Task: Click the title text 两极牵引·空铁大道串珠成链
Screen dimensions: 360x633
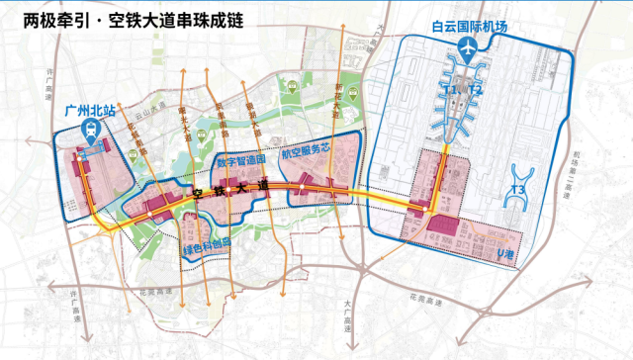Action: pyautogui.click(x=130, y=19)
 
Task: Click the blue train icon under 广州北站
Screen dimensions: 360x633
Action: pyautogui.click(x=90, y=131)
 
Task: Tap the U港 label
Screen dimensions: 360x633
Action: pyautogui.click(x=505, y=255)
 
